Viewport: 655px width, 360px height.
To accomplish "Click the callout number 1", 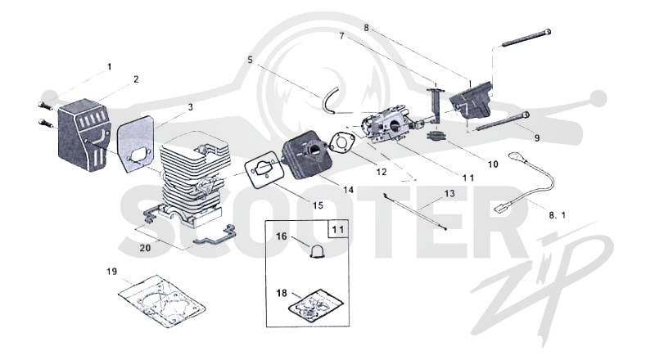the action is point(110,67).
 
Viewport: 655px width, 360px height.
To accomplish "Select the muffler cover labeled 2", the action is point(84,134).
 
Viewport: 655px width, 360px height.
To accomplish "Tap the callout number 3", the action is point(191,107).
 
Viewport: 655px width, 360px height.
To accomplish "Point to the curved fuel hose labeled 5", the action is point(330,99).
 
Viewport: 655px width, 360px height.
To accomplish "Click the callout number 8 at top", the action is point(366,28).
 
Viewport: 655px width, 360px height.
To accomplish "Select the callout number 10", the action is point(493,164).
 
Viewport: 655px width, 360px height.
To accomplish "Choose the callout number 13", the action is point(449,194).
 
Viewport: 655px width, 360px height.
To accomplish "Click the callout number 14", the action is point(349,190).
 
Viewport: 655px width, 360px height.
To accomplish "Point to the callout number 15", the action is point(318,205).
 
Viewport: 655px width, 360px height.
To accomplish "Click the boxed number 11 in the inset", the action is point(338,230).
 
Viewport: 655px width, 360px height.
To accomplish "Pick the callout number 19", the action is point(111,272).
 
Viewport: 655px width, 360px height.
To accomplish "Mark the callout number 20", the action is point(145,248).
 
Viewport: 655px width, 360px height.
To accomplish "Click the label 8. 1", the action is point(558,215).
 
